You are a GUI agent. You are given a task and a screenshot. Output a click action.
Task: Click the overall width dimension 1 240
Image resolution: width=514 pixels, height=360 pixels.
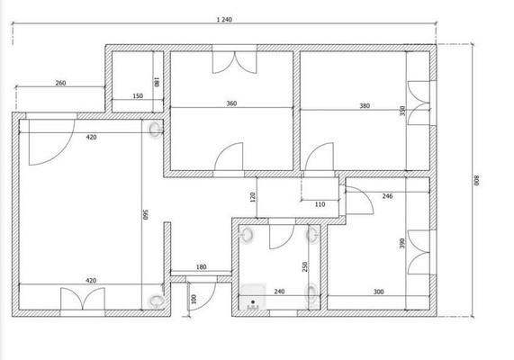coord(224,20)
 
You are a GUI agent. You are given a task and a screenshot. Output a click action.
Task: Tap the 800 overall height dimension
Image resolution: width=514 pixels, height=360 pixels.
coord(476,180)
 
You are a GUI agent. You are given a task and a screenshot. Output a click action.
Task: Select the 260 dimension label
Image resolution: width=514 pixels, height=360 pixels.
coord(60,83)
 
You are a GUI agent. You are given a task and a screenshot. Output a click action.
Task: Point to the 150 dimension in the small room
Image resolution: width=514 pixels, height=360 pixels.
coord(138,96)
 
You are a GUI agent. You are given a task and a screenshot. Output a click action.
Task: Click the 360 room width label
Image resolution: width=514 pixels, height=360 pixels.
coord(231,103)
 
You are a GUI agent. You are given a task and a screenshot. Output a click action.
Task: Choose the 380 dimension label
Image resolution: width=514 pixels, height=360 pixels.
coord(365,105)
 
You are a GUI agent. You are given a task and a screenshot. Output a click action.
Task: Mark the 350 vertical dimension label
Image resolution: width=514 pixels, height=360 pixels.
coord(402,111)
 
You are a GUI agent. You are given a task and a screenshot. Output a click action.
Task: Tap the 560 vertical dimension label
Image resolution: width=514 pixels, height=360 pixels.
coord(146,214)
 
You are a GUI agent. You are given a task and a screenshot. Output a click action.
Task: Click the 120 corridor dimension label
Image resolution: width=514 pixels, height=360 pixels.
coord(252,197)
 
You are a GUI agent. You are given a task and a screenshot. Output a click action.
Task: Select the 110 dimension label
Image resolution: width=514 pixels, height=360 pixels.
coord(320,204)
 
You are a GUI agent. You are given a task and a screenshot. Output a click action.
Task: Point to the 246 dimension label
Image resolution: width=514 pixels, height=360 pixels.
coord(387,196)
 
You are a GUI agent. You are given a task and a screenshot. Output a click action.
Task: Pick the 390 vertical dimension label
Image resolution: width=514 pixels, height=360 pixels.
coord(402,243)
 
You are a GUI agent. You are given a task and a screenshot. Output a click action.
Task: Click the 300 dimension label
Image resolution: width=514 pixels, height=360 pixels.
coord(378,292)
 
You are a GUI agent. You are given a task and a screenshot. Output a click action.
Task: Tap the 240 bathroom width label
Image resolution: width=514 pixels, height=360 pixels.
coord(279,292)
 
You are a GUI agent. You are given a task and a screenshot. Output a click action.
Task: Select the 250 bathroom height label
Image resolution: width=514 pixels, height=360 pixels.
coord(305,267)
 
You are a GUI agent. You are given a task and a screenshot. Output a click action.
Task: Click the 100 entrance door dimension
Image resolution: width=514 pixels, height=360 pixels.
coord(194,299)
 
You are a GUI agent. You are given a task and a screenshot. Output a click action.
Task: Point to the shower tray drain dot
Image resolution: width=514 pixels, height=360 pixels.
coord(253,301)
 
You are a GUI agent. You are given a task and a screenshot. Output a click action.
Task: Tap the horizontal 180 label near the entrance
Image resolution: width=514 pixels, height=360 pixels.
coord(202,267)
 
